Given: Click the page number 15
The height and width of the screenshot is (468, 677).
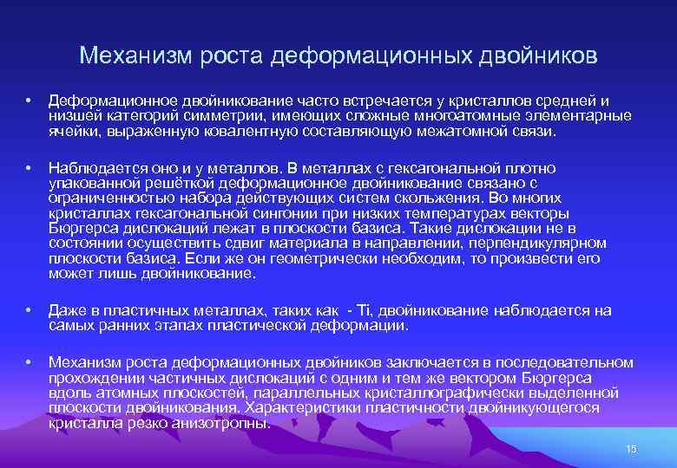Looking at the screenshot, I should coord(631,448).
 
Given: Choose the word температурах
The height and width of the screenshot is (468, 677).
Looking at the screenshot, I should coord(440,214).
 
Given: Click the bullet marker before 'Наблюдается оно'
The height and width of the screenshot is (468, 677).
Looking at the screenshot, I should coord(29,168).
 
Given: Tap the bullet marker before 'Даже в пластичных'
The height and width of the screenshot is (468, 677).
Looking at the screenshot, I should coord(29,310).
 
